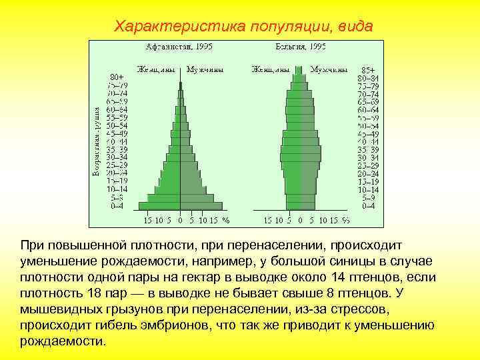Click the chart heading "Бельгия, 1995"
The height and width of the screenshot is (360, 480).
pos(300,47)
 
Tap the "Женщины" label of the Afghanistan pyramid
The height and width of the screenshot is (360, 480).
pos(157,69)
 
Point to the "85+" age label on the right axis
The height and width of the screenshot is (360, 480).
pos(368,69)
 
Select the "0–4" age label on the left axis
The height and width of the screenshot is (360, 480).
pos(117,206)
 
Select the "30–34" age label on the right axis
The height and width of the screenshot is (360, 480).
pos(367,157)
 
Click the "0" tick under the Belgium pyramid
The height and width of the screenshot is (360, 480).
pos(301,220)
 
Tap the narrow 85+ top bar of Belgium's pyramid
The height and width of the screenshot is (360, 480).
pos(301,69)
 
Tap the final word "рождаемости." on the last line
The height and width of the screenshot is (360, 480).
pos(63,341)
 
